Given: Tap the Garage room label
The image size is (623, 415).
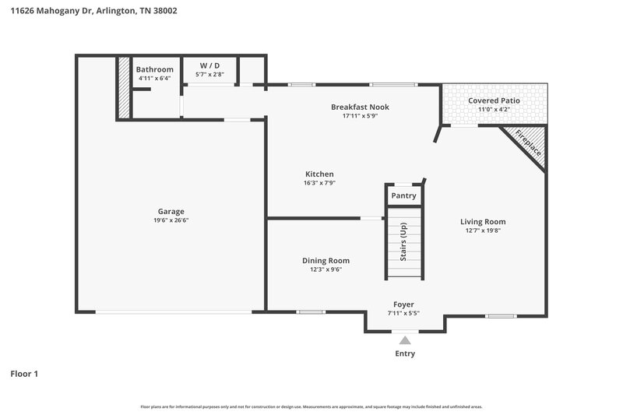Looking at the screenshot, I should [171, 211].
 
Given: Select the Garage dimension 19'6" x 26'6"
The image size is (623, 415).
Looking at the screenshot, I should [171, 220].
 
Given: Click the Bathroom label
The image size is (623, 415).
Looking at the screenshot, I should [155, 69].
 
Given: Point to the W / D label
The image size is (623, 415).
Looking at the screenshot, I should [210, 65].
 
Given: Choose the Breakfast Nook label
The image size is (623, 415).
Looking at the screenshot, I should [360, 107].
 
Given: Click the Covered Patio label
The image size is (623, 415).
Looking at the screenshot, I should [494, 100].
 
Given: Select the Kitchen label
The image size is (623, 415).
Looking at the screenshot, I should [319, 174].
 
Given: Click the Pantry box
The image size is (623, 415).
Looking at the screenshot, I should [403, 195].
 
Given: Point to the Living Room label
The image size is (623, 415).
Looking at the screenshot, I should [483, 221].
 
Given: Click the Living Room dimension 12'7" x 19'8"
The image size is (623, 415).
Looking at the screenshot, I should [483, 230].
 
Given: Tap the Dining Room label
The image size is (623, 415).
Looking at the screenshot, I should [326, 260].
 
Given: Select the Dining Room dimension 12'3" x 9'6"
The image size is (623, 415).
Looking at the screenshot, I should [326, 269].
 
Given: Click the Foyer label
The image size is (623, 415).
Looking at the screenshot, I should [403, 304].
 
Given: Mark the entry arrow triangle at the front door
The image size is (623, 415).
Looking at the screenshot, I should [404, 339].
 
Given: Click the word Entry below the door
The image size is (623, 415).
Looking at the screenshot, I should [404, 353].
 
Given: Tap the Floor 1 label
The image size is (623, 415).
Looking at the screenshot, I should [24, 374].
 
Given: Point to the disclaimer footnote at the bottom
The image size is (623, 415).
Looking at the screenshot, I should [311, 406].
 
